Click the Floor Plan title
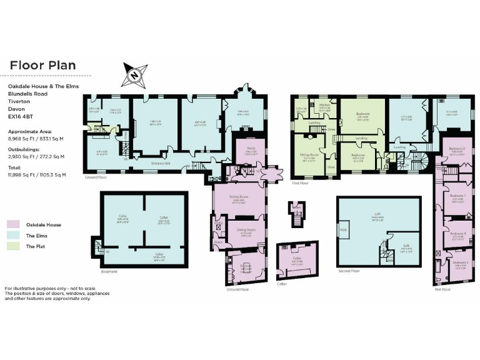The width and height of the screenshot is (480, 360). [42, 65]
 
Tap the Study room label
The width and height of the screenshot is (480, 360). [250, 148]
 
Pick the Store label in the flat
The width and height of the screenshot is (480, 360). [331, 166]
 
